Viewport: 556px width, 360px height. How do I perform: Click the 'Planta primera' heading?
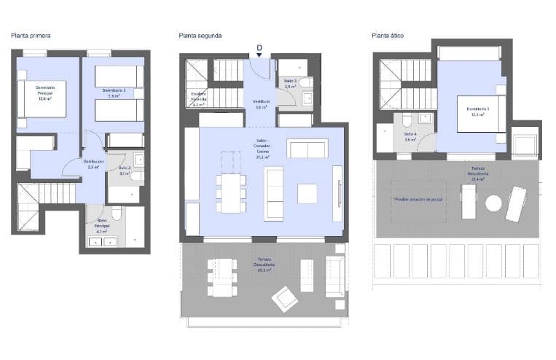click(x=31, y=35)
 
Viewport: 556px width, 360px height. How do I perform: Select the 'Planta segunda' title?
click(x=200, y=35)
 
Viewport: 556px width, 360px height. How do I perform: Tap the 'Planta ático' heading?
click(x=388, y=35)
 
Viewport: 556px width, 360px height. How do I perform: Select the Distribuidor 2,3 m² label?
click(x=93, y=164)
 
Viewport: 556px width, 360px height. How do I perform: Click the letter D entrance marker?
click(x=259, y=48)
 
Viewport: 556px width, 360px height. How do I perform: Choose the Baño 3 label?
click(x=289, y=83)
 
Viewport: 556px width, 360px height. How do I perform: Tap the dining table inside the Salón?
click(x=230, y=192)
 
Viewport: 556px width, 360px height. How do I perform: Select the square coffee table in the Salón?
click(x=308, y=193)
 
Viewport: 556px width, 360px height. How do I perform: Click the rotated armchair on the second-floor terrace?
click(x=284, y=298)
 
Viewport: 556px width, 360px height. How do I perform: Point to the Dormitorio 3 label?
click(x=478, y=111)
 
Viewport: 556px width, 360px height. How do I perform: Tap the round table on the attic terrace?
click(x=494, y=203)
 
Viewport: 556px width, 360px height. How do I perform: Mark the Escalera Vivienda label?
click(x=198, y=98)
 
